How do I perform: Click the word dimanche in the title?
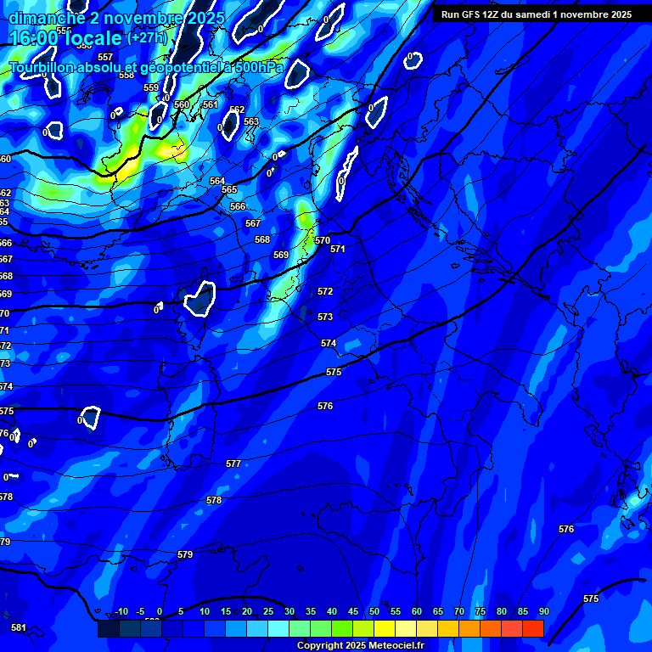(x=48, y=18)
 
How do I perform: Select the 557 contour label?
(x=105, y=57)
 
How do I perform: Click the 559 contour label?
(x=151, y=87)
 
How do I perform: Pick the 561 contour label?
(x=211, y=104)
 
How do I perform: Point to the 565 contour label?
(x=229, y=189)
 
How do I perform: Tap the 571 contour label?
(x=338, y=249)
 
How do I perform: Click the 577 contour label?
(x=233, y=464)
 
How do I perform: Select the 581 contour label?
(x=19, y=627)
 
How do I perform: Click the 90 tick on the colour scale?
(x=543, y=611)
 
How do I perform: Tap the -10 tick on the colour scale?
(x=121, y=611)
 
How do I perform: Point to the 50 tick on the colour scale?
(x=374, y=611)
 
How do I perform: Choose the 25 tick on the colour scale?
(x=268, y=611)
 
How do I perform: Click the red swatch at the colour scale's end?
(x=533, y=628)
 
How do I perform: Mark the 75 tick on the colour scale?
(x=481, y=611)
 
